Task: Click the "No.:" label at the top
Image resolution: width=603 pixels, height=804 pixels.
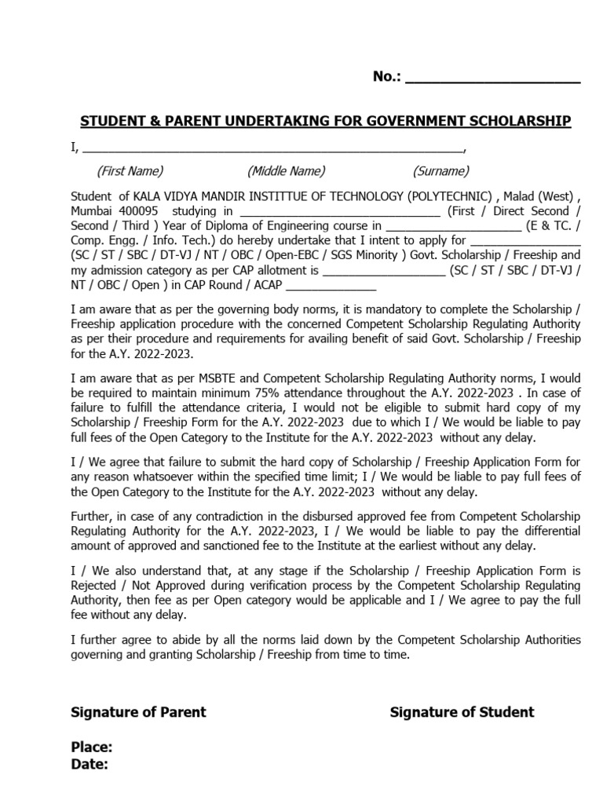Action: point(387,76)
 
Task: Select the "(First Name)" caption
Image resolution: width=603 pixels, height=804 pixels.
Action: point(130,171)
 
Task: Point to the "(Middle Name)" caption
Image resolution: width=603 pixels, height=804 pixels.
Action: point(286,171)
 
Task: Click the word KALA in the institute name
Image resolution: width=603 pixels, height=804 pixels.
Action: point(148,196)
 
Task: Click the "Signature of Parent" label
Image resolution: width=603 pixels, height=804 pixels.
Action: point(139,712)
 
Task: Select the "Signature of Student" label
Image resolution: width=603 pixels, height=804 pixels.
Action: point(462,712)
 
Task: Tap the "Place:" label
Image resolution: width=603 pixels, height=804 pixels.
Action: point(92,747)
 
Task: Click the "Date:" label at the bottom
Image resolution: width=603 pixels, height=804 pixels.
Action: point(90,764)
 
